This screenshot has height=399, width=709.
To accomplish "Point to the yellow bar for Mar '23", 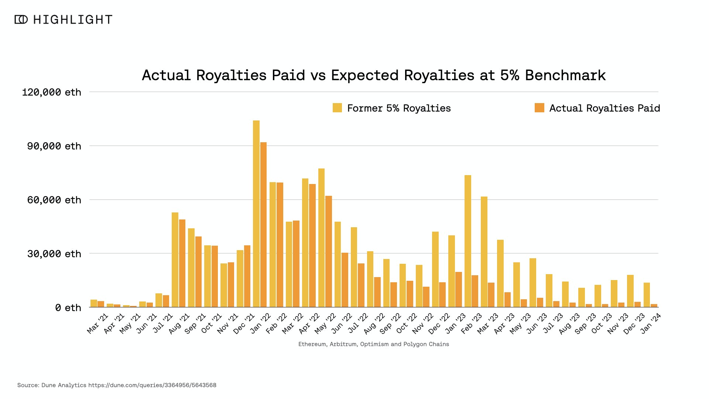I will (484, 252).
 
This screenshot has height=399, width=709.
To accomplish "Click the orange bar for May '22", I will (329, 251).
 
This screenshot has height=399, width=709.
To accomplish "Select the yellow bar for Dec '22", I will (435, 269).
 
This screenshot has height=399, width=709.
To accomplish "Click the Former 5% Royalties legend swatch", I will (337, 108).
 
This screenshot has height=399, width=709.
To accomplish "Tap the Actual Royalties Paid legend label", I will (604, 108).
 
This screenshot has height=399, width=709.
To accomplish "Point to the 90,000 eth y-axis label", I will (54, 146).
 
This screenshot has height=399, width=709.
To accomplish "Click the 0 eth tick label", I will (68, 308).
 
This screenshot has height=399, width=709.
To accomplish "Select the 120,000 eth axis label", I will (51, 92).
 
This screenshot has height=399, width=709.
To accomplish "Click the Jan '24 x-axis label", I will (651, 323).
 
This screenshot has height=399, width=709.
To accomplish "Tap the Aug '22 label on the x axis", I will (375, 323).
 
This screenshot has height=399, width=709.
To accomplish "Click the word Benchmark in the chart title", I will (565, 75).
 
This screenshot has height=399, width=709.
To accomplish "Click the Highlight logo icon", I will (21, 20).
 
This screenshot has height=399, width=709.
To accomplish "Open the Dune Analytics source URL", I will (152, 385).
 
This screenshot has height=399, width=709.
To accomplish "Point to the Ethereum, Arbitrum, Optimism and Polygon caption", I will (373, 344).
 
